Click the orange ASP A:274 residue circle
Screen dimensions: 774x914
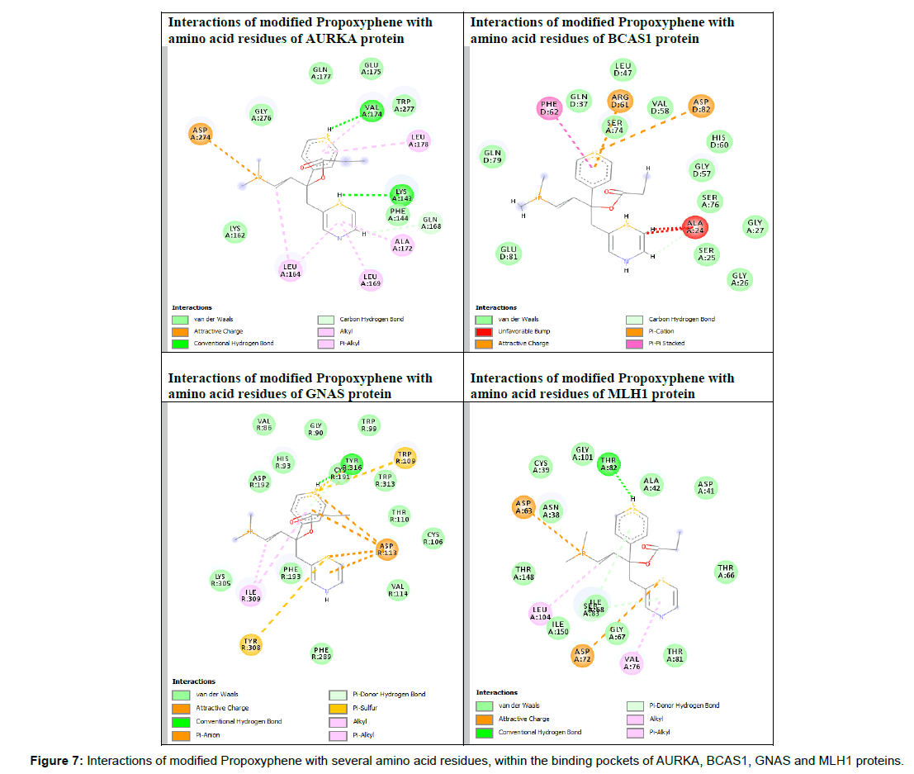(199, 134)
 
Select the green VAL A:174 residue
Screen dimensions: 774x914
(372, 111)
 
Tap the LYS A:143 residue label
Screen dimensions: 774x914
(400, 195)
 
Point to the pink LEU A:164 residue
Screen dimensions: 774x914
(289, 268)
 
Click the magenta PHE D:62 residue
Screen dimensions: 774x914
(550, 107)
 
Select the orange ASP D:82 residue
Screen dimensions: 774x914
(702, 106)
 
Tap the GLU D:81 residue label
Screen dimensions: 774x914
(509, 252)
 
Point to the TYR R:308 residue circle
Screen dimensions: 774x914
(251, 644)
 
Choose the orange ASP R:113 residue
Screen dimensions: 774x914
(386, 548)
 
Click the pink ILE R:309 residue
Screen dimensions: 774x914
(251, 594)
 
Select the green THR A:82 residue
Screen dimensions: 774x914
(609, 464)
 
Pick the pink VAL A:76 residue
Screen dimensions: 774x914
(632, 662)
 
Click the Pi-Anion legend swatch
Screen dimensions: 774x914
(182, 734)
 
